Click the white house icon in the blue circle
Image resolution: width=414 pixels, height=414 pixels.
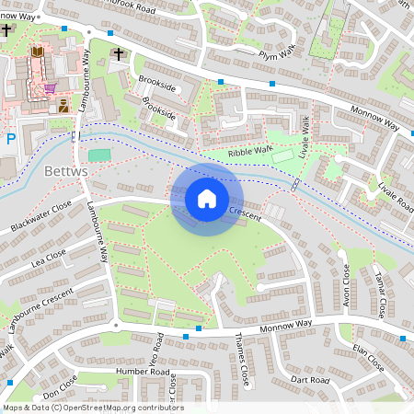(x=207, y=199)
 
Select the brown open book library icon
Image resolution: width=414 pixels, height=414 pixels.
(x=37, y=54)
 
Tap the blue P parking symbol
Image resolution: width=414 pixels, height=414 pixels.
(x=10, y=140)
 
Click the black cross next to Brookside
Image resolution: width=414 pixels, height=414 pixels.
(x=118, y=56)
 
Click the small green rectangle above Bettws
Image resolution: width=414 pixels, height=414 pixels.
(x=98, y=155)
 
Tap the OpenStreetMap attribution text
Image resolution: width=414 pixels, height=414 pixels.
(x=92, y=408)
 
